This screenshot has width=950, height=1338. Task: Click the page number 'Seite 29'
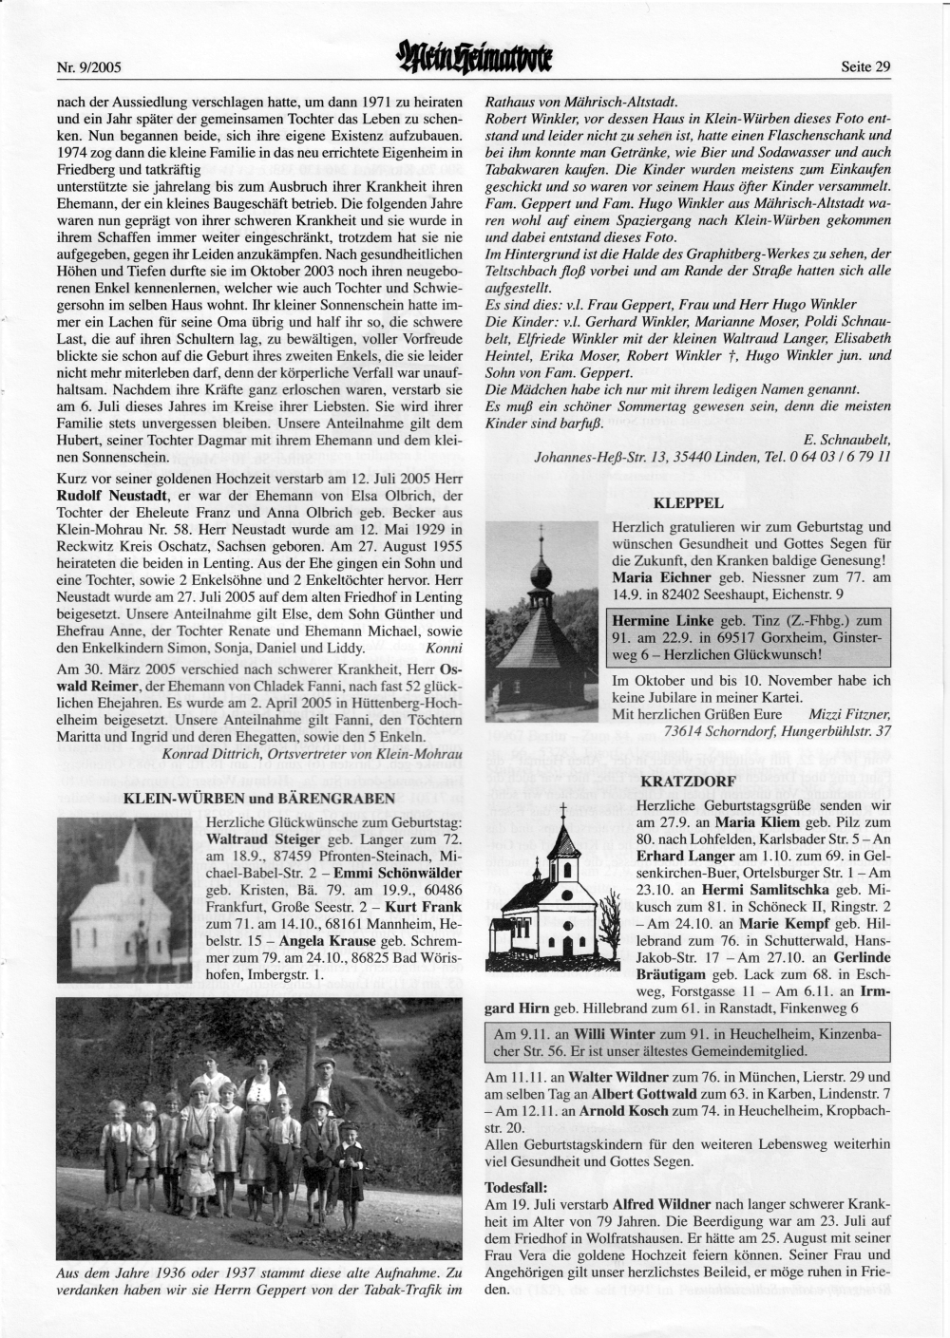[865, 66]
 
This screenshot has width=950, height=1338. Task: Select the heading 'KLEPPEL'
[689, 502]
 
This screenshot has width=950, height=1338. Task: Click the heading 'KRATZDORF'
[689, 782]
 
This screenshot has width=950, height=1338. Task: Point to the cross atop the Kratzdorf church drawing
[563, 810]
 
